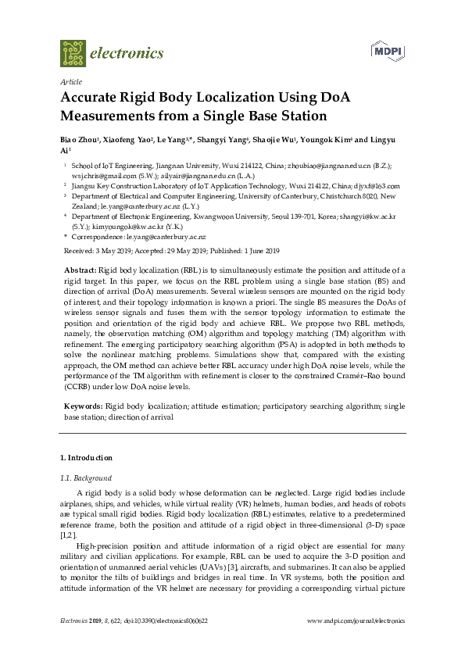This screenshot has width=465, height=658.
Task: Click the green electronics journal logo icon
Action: pyautogui.click(x=73, y=52)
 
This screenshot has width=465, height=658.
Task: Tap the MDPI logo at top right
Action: pyautogui.click(x=385, y=51)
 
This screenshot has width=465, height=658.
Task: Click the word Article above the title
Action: pyautogui.click(x=70, y=81)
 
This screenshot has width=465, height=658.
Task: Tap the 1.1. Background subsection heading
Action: pyautogui.click(x=86, y=477)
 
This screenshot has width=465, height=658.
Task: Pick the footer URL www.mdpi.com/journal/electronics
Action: pyautogui.click(x=356, y=620)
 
